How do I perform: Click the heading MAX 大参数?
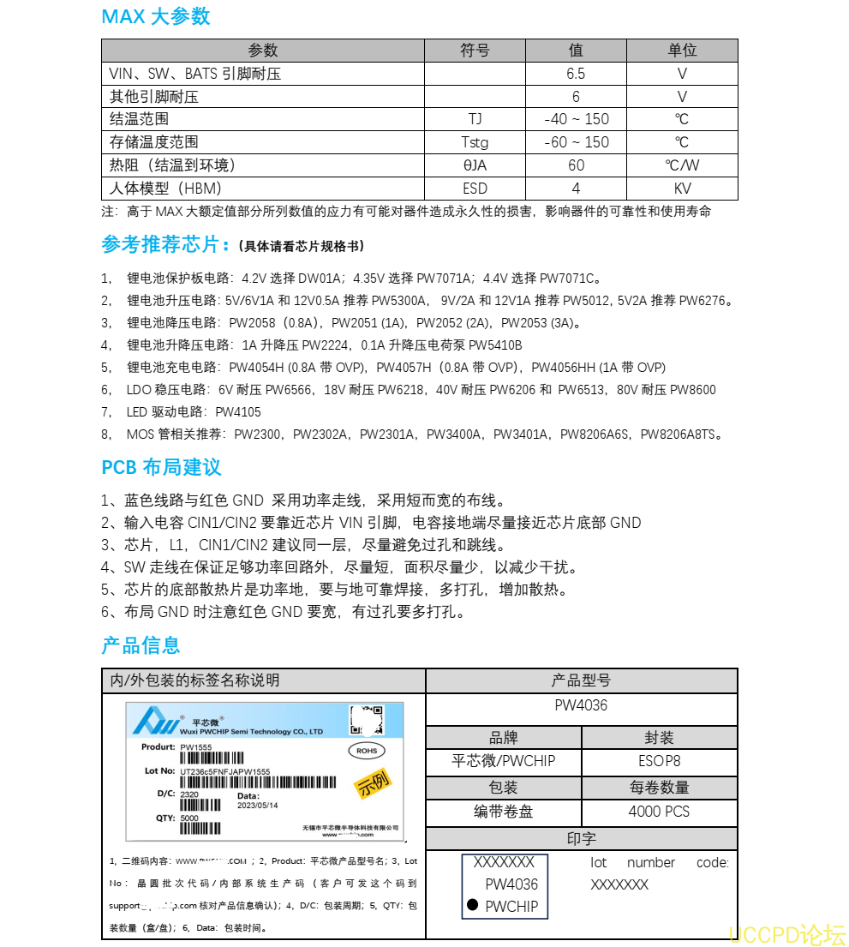(156, 17)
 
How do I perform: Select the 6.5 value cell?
(576, 74)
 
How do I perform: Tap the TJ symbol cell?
(475, 119)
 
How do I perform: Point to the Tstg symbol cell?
(475, 142)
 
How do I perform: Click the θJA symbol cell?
(475, 165)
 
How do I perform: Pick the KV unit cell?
(682, 189)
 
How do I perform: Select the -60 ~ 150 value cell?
(576, 142)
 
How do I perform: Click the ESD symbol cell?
(475, 189)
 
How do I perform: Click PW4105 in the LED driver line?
(238, 412)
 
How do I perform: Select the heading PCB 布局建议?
(161, 467)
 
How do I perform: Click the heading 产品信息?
(141, 645)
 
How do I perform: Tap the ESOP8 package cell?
(659, 761)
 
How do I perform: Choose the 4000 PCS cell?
(659, 812)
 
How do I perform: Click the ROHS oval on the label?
(366, 751)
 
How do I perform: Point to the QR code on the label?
(366, 720)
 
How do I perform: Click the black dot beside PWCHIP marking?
(473, 905)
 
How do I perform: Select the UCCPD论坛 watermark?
(786, 933)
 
